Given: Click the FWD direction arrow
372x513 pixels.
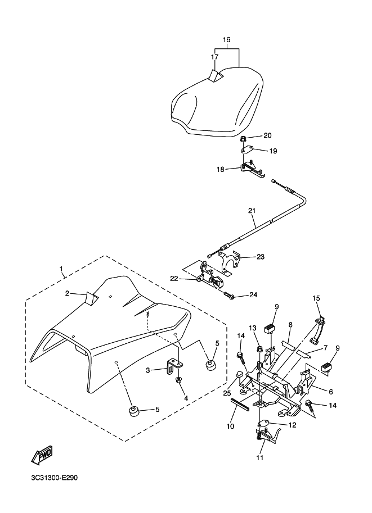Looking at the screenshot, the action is point(42,455).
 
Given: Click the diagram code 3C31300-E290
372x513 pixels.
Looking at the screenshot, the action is point(55,478).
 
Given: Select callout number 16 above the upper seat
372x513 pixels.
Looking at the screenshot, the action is point(226,39).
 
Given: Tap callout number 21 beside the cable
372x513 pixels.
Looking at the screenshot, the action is point(252,211).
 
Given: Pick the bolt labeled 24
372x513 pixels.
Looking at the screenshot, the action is point(229,296).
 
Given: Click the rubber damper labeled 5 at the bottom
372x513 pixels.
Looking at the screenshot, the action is point(133,411).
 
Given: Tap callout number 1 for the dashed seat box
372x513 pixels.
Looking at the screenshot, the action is point(61,269).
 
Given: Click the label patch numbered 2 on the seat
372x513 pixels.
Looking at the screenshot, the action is point(91,297).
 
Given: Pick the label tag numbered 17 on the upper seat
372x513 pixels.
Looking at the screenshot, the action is point(216,75).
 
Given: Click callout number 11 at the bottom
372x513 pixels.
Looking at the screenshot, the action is point(259,457).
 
